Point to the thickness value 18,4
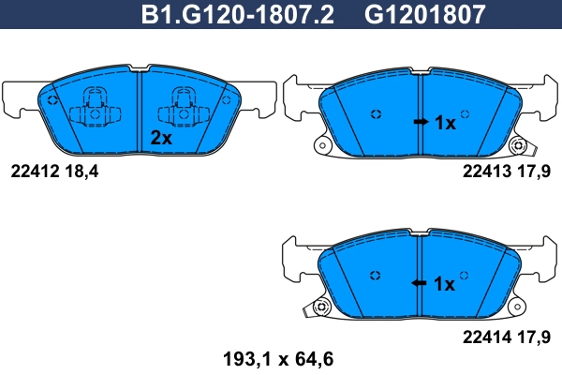[x=80, y=171]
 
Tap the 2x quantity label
[x=162, y=137]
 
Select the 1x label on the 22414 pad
[x=445, y=283]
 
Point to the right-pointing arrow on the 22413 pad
[x=421, y=123]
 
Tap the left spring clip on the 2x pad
[x=94, y=109]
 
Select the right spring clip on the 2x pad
[x=180, y=109]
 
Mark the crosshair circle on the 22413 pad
[x=376, y=114]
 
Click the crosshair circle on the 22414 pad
[x=376, y=275]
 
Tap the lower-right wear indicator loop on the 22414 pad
[x=516, y=307]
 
